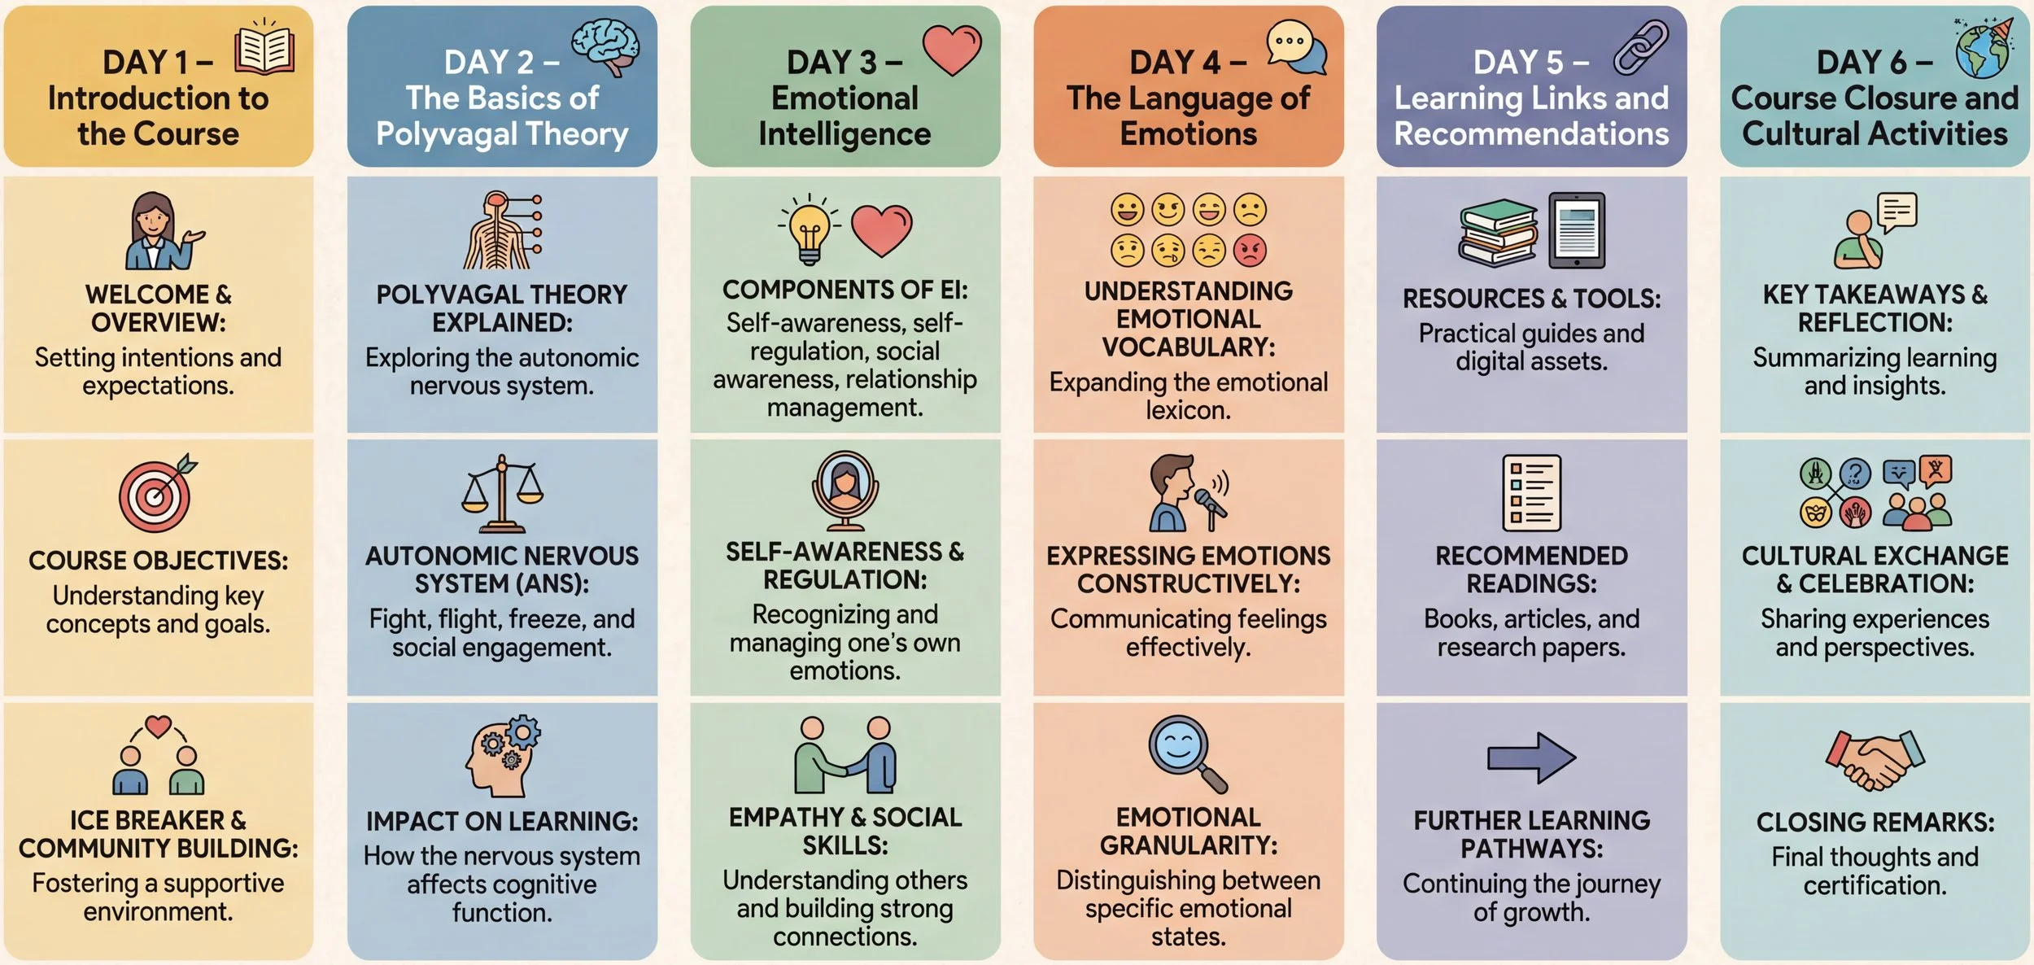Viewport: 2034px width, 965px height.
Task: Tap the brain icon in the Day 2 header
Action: [605, 46]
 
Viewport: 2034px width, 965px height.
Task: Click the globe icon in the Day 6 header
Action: [1983, 50]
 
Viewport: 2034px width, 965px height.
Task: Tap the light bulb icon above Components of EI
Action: [809, 229]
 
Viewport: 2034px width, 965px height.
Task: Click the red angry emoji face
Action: [1250, 251]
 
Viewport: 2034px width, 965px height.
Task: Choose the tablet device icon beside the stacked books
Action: [1576, 230]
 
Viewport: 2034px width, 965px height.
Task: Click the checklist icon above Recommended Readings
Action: [1531, 492]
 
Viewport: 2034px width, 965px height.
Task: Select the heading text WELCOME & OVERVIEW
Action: [158, 308]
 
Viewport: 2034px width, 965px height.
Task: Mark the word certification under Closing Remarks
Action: [1875, 885]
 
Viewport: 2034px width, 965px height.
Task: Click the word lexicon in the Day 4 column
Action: [1188, 410]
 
